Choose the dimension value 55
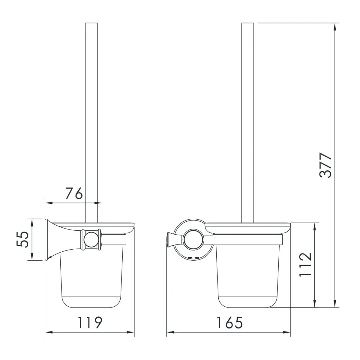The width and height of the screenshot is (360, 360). click(x=22, y=240)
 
